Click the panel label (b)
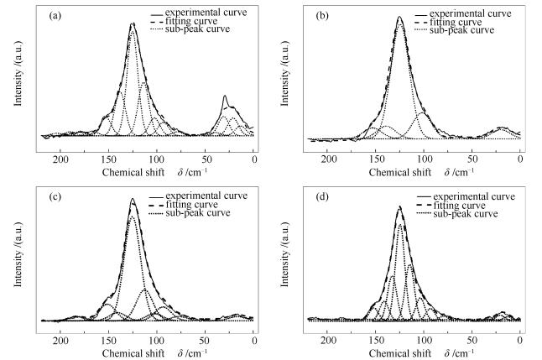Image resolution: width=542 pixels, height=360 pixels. [x=322, y=15]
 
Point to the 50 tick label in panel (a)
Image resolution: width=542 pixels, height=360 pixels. [x=206, y=159]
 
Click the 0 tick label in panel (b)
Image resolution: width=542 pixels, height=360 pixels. [x=520, y=159]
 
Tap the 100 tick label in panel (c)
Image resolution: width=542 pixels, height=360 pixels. [x=157, y=342]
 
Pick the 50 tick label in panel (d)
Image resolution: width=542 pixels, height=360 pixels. [x=472, y=342]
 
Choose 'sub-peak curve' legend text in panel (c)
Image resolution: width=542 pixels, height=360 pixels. [x=201, y=214]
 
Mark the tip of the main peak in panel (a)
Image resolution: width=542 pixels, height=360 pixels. [x=133, y=23]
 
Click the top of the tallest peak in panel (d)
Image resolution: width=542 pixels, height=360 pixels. [x=400, y=206]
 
